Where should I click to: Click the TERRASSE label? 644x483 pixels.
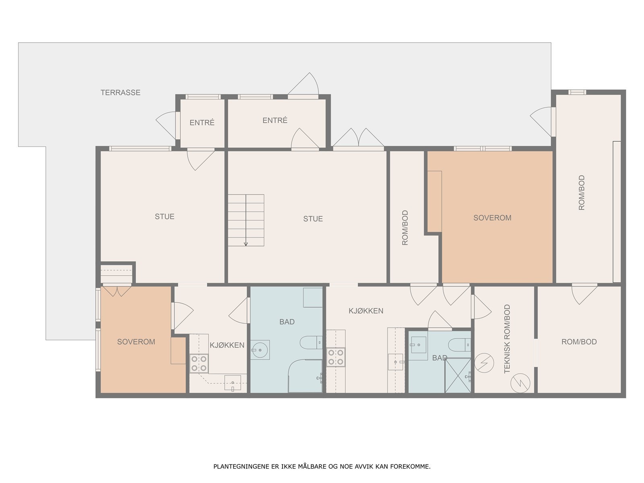120,93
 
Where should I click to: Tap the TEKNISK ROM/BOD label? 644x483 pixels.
507,339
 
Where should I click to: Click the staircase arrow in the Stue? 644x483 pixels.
246,220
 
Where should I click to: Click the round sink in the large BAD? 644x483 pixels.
259,350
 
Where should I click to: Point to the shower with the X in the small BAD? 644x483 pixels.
458,376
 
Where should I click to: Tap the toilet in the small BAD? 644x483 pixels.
460,345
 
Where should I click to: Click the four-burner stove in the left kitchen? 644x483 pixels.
199,363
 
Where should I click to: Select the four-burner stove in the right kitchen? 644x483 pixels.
336,357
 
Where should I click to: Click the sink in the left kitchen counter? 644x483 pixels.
233,383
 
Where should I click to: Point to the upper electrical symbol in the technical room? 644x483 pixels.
484,363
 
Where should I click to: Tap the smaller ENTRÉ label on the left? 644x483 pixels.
202,122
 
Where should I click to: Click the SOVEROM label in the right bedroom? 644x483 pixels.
492,218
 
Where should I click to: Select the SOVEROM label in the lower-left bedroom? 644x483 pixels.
136,342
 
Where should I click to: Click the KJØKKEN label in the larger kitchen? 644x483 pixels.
366,311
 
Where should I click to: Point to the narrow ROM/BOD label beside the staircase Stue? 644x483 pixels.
405,227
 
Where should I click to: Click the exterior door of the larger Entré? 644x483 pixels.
303,85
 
